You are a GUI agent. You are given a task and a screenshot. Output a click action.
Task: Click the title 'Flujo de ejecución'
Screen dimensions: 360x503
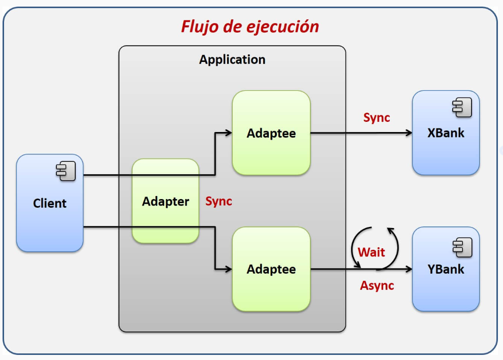[x=250, y=26]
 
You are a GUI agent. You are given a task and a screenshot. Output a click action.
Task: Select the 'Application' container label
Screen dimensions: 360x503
[x=232, y=59]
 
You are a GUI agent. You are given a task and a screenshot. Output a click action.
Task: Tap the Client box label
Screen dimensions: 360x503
[x=50, y=204]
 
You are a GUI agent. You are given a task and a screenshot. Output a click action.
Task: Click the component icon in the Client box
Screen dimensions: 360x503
[x=66, y=171]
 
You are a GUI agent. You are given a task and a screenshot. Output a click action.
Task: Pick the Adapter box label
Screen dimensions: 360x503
[x=166, y=202]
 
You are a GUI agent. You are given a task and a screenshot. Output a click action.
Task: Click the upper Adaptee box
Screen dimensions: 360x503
[x=271, y=133]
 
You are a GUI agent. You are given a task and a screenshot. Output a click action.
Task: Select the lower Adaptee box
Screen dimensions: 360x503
[x=271, y=269]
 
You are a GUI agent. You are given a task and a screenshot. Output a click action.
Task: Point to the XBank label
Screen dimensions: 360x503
[x=446, y=133]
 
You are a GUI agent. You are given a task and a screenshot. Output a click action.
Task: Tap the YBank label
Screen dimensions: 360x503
[x=446, y=269]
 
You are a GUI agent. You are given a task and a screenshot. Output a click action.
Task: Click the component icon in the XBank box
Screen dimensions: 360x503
[x=462, y=107]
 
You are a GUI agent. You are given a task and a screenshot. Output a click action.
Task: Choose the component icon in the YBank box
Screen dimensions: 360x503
[x=462, y=247]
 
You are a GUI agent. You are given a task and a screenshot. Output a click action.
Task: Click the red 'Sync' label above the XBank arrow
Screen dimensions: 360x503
[x=376, y=118]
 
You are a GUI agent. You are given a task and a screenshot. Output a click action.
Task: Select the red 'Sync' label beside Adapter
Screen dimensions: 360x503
[x=218, y=201]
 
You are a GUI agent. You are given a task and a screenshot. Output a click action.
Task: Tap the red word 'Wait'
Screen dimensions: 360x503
[x=371, y=252]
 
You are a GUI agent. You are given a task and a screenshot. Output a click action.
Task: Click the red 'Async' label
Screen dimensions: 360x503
[x=377, y=285]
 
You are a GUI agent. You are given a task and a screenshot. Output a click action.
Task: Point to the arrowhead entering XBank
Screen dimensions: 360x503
[x=409, y=133]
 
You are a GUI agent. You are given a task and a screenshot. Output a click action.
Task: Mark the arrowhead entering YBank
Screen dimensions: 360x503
[x=409, y=269]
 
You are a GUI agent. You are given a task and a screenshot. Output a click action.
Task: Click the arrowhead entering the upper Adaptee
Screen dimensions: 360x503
[x=229, y=133]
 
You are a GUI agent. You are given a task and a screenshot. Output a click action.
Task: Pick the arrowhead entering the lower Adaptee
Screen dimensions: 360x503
[x=229, y=269]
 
